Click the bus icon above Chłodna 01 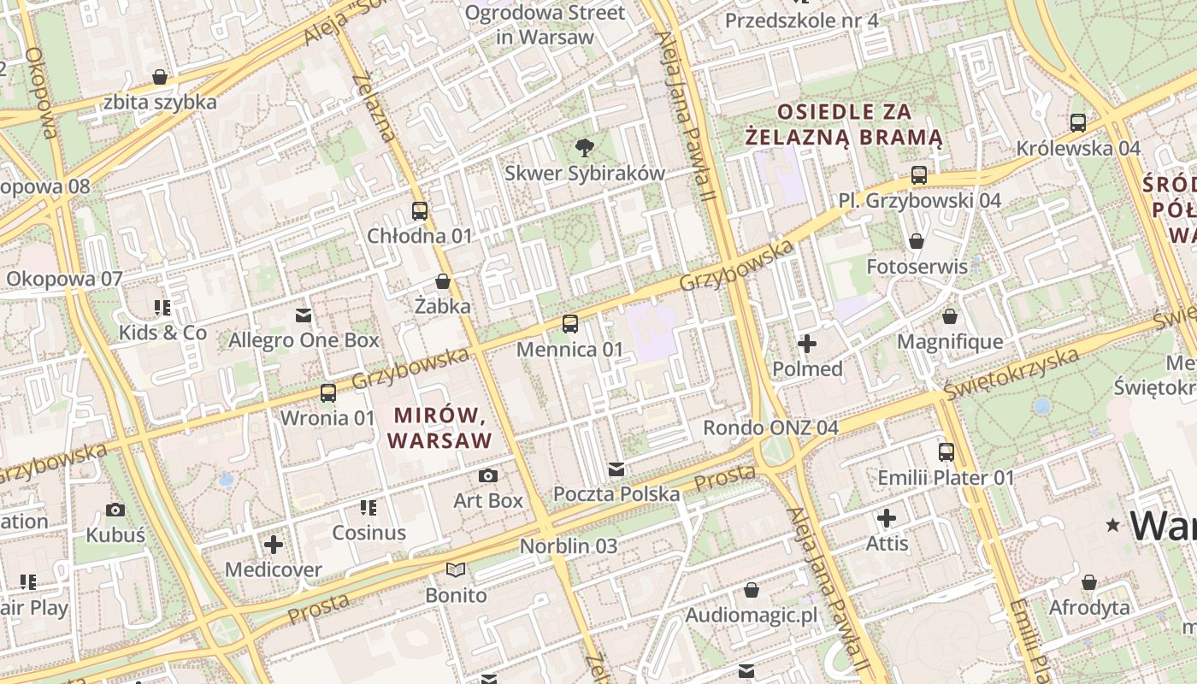[419, 211]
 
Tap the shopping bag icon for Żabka [443, 281]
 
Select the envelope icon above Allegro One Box [304, 315]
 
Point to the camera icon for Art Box [488, 476]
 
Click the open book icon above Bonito [457, 570]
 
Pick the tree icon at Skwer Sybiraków [585, 148]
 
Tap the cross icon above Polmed [807, 345]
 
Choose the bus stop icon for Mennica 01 [570, 324]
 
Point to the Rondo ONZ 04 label [770, 427]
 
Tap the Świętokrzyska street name [1011, 374]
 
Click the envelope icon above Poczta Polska [616, 469]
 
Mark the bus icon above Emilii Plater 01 [946, 452]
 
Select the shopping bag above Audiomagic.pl [752, 590]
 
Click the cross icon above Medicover [274, 545]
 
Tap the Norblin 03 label [569, 545]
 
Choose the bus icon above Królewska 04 [1078, 123]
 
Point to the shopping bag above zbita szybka [160, 77]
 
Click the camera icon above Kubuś [115, 510]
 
